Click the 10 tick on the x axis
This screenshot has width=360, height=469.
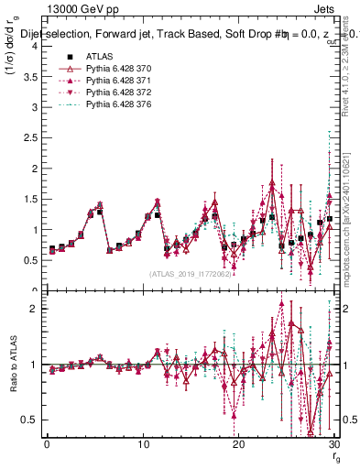143,445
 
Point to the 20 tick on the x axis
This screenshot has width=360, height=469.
239,445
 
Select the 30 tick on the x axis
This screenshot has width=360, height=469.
334,445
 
